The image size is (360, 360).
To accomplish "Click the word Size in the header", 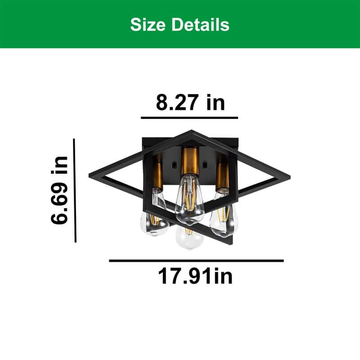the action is [148, 24].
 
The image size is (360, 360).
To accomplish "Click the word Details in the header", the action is [200, 24].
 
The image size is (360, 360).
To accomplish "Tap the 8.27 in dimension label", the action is [190, 103].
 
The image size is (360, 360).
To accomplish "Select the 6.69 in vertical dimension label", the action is [59, 190].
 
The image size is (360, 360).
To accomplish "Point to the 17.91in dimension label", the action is [195, 276].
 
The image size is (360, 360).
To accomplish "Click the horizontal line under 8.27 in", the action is [189, 118].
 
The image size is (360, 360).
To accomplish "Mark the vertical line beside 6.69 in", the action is [75, 190].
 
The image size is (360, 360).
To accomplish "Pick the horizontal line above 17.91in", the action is [196, 261].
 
